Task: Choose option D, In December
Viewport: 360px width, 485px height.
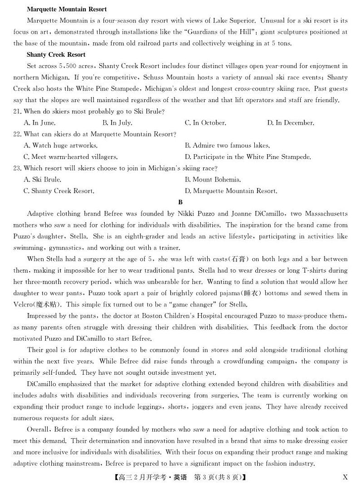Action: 290,122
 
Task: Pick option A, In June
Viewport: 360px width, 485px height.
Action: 39,122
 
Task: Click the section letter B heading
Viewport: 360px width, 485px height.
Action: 180,202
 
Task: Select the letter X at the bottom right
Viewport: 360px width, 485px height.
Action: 345,477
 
